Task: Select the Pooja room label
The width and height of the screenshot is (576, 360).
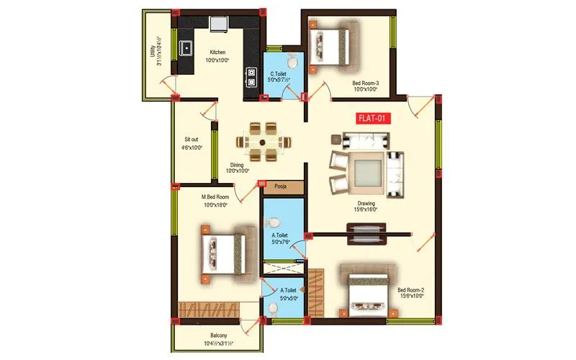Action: (x=281, y=187)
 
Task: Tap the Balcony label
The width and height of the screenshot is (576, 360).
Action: (x=219, y=336)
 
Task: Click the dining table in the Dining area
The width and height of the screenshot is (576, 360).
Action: (x=264, y=141)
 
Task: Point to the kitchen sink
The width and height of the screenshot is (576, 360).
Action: (x=186, y=49)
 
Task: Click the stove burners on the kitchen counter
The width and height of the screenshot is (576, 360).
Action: (x=251, y=76)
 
